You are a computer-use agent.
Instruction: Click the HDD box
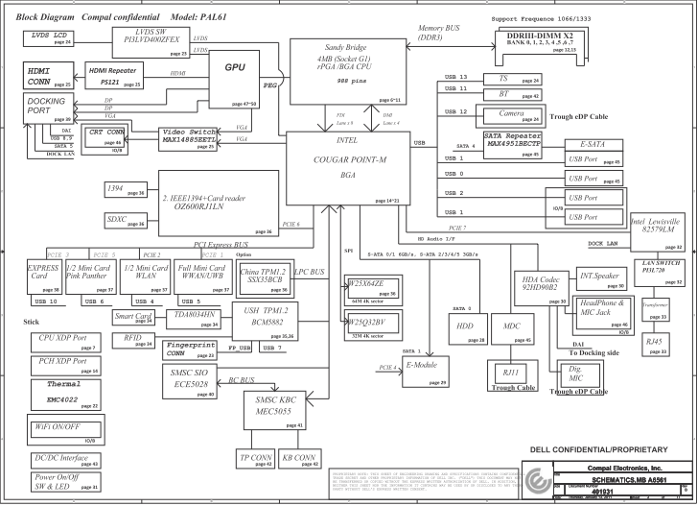coord(468,330)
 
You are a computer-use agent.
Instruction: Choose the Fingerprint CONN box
coord(190,349)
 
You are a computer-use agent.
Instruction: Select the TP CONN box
coord(254,458)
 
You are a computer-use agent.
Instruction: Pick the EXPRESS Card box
coord(44,276)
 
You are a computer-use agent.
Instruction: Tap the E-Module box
coord(425,371)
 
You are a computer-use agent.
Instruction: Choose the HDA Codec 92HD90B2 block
coord(540,286)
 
